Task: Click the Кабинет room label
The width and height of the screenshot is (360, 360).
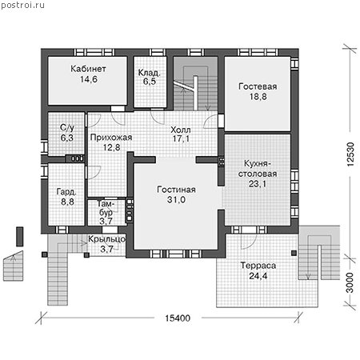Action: pyautogui.click(x=88, y=69)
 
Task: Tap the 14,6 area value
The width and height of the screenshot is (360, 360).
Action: pyautogui.click(x=89, y=79)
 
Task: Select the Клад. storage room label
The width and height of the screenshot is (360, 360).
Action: pyautogui.click(x=149, y=73)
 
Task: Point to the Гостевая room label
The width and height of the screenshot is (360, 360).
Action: pyautogui.click(x=258, y=86)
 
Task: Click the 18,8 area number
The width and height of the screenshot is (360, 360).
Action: pyautogui.click(x=258, y=97)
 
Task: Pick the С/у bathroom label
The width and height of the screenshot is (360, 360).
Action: pyautogui.click(x=67, y=128)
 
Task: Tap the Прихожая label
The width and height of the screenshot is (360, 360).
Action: pyautogui.click(x=111, y=138)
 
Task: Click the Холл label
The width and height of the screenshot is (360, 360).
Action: pyautogui.click(x=181, y=130)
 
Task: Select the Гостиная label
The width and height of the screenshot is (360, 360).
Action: pyautogui.click(x=176, y=190)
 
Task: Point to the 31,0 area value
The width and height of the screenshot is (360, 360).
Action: pyautogui.click(x=176, y=200)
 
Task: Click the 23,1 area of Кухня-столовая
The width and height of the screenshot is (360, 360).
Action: pyautogui.click(x=258, y=184)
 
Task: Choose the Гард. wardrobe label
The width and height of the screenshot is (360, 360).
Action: pyautogui.click(x=66, y=192)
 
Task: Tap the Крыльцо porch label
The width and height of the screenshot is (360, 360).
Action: pyautogui.click(x=106, y=239)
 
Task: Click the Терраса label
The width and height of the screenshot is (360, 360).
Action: pyautogui.click(x=258, y=266)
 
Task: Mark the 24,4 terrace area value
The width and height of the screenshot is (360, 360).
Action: pyautogui.click(x=258, y=276)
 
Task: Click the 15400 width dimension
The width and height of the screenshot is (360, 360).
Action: pyautogui.click(x=178, y=318)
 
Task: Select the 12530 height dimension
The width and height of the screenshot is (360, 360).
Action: pyautogui.click(x=350, y=154)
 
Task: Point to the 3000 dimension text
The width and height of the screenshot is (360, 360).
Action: pyautogui.click(x=350, y=282)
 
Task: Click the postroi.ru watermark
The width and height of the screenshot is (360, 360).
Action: pyautogui.click(x=22, y=6)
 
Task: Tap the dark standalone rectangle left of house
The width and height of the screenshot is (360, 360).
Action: pyautogui.click(x=20, y=237)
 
